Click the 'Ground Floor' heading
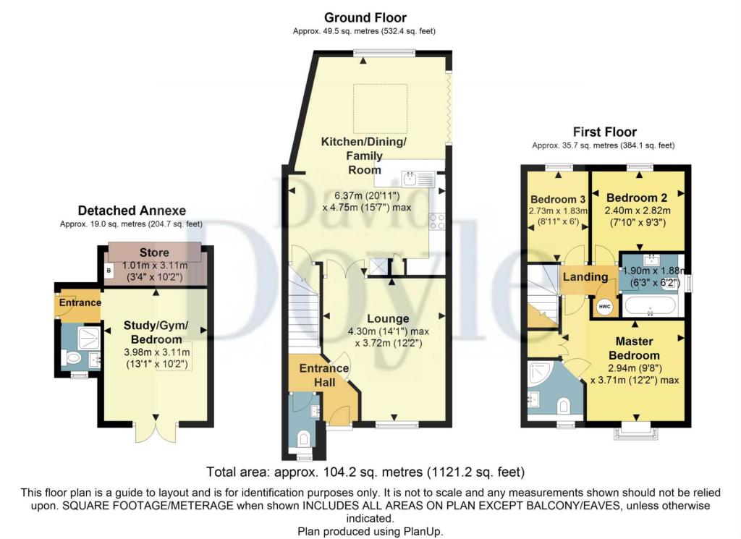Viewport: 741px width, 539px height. tap(365, 18)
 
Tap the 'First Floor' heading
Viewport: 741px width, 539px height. tap(604, 132)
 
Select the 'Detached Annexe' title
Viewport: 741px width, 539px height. tap(132, 211)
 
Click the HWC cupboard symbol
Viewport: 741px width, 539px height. tap(604, 307)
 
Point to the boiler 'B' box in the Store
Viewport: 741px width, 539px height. tap(109, 271)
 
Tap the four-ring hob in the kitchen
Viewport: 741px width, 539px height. tap(436, 221)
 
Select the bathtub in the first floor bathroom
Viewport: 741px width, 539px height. tap(651, 306)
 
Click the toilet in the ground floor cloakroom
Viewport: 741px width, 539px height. tap(304, 439)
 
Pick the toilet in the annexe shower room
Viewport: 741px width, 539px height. tap(72, 358)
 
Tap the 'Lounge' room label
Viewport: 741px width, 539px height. tap(388, 319)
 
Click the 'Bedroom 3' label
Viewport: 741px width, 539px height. tap(558, 200)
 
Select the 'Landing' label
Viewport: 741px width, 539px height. tap(585, 277)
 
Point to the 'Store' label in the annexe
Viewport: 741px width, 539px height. tap(154, 252)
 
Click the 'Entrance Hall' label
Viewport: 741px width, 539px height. tap(324, 375)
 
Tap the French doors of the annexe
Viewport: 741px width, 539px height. tap(156, 430)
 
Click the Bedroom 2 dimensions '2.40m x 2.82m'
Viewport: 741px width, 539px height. tap(638, 211)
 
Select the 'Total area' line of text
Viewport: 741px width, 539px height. tap(365, 472)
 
